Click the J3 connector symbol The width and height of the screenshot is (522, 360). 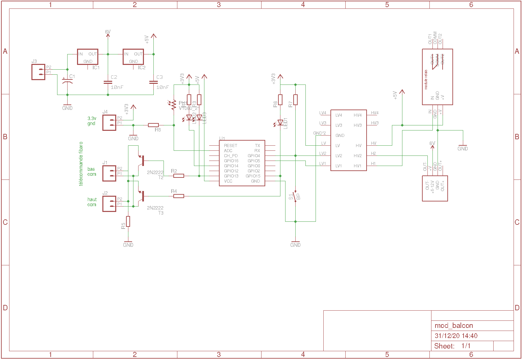coord(38,72)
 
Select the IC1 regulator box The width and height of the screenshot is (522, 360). coord(88,57)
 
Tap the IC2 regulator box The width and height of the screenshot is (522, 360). coord(133,57)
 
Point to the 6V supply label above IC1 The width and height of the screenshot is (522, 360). coord(108,32)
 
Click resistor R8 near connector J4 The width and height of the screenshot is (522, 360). coord(153,125)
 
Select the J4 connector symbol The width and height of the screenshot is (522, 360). coord(109,123)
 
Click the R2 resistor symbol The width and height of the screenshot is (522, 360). coord(179,176)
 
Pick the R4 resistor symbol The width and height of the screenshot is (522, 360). coord(179,196)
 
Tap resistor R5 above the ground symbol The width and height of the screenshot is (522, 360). coord(128,221)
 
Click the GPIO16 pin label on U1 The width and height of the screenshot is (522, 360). coord(231,161)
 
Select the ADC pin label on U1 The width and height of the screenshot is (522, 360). coord(228,151)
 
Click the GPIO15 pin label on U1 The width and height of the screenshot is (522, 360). coord(253,176)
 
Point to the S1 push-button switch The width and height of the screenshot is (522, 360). coord(296,196)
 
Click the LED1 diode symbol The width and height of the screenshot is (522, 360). coord(280,123)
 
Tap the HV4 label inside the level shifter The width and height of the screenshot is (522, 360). coord(357,115)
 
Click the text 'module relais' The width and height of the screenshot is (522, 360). coord(426,79)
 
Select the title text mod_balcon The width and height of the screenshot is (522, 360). coord(454,326)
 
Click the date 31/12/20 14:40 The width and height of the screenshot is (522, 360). coord(456,336)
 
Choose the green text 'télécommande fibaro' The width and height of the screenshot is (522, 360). coord(81,164)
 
